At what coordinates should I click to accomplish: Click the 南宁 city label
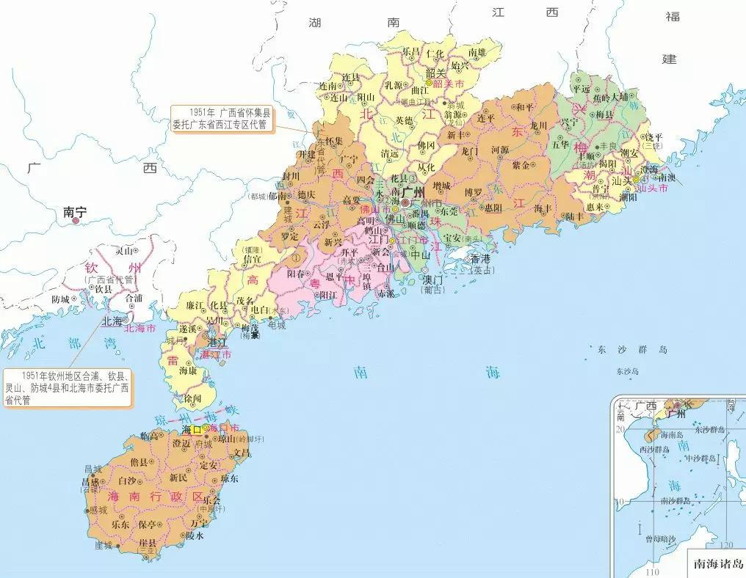coord(75,211)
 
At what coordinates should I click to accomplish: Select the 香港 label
coord(479,258)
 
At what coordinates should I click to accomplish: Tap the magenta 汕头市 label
coord(651,189)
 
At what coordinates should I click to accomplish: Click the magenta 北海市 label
coord(141,329)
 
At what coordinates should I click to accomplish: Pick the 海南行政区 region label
coord(155,497)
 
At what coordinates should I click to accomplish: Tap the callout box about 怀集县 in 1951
coord(220,119)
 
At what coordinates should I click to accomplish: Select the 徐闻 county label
coord(192,398)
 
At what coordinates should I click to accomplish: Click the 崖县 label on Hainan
coord(148,541)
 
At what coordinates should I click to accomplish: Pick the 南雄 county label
coord(483,52)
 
